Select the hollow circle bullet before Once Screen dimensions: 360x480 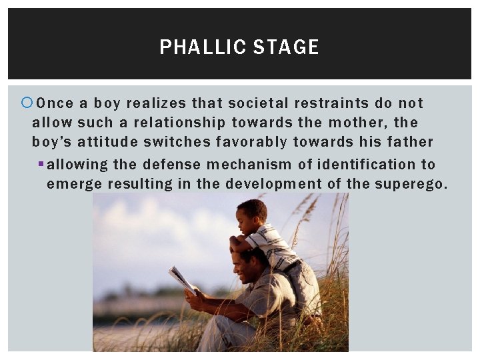(27, 103)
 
